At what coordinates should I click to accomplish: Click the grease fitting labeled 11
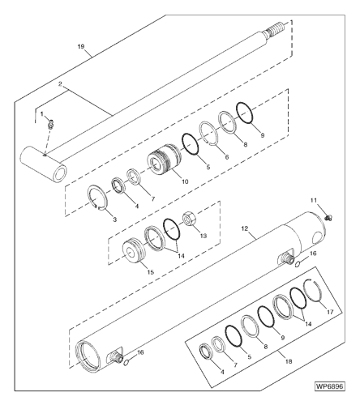[329, 217]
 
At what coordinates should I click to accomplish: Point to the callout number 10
[186, 181]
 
